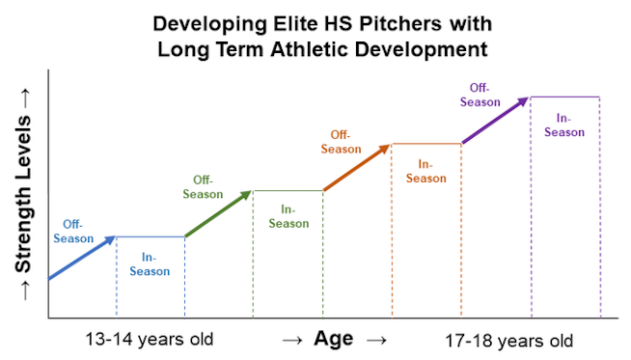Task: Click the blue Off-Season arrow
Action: click(82, 258)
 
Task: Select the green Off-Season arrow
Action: click(218, 213)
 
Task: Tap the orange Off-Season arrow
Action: click(356, 168)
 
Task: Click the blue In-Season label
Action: click(150, 264)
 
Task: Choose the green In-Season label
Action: click(288, 216)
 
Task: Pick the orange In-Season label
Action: click(425, 171)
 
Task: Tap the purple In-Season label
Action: click(564, 125)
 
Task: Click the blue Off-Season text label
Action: click(73, 232)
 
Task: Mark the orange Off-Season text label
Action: click(341, 142)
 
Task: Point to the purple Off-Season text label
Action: click(480, 95)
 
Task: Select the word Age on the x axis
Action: click(333, 339)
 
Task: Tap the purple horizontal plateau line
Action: click(564, 97)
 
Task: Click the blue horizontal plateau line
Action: click(150, 236)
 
